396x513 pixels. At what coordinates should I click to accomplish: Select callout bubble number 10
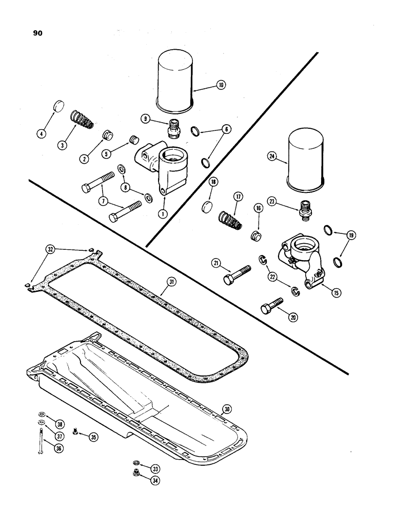click(x=221, y=86)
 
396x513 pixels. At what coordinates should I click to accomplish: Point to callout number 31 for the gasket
click(x=170, y=281)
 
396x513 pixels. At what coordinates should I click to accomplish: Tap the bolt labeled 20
click(x=271, y=307)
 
